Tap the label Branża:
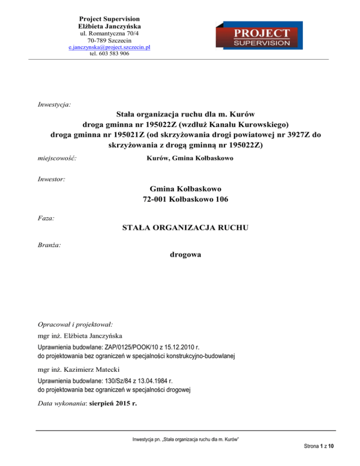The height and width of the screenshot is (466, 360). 49,245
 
